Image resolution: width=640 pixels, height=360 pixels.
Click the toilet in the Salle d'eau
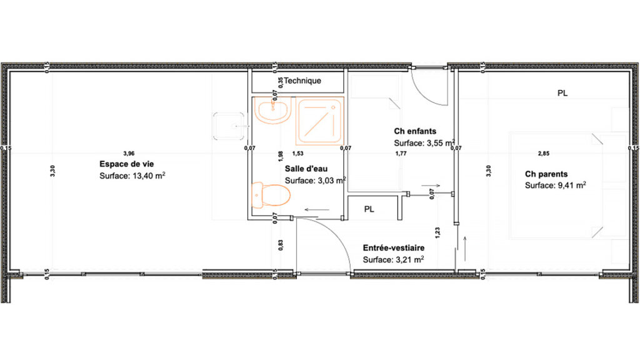pos(270,195)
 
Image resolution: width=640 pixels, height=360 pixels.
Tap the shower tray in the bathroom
pos(319,120)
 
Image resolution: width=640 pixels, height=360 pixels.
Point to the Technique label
pos(302,81)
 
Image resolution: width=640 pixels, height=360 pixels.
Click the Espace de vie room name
pos(122,164)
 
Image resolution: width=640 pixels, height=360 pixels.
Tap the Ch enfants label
pos(415,131)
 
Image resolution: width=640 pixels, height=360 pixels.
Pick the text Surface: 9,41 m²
pos(555,186)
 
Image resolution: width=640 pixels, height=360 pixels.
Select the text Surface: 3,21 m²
pos(394,259)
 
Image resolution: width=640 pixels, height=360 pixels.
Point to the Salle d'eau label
pos(306,169)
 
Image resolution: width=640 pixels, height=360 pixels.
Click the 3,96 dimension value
pos(129,153)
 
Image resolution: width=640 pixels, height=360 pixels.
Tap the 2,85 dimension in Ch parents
pos(544,153)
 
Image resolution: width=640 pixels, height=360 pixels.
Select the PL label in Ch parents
pos(562,93)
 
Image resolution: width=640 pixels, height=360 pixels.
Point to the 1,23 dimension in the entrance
pos(438,233)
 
